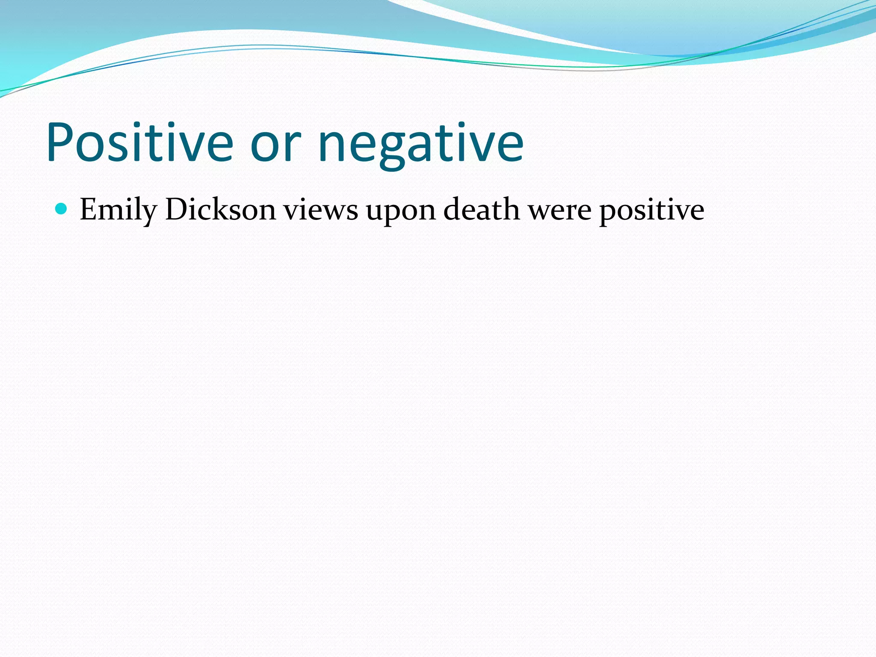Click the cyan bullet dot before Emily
62,209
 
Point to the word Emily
118,210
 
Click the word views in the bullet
321,210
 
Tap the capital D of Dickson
176,209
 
